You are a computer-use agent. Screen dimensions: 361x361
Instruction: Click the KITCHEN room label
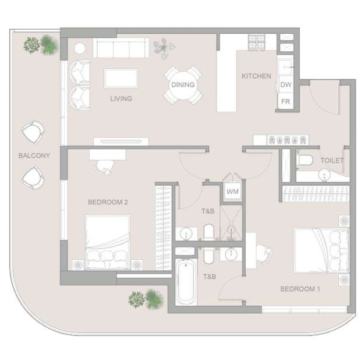pos(256,76)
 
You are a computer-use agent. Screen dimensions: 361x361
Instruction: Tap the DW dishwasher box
pos(285,84)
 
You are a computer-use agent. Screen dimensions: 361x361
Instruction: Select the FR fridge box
pos(285,101)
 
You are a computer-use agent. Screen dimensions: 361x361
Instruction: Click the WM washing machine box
pos(232,192)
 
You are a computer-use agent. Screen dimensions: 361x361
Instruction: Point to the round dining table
pos(183,85)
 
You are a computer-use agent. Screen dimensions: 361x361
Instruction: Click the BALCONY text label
pos(34,155)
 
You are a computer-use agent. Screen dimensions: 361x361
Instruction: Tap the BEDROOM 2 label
pos(108,202)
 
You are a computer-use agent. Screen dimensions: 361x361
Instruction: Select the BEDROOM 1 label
pos(300,289)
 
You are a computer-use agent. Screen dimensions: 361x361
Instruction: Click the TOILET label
pos(332,160)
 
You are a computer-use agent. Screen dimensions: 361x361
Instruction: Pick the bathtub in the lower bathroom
pos(186,282)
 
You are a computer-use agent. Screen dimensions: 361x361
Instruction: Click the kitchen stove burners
pos(256,42)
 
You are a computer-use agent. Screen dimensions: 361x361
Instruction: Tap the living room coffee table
pos(121,78)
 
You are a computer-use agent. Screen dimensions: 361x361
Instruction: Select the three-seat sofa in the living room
pos(121,48)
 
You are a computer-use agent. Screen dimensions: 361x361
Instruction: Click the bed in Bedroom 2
pos(107,242)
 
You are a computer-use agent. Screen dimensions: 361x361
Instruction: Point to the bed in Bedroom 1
pos(321,250)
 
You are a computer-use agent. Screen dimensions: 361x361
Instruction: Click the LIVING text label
pos(121,99)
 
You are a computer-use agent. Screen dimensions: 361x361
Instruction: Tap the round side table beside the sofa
pos(80,48)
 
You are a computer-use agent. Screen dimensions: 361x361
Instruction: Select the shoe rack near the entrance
pos(287,140)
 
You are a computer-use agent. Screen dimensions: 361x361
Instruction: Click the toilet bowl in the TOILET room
pos(305,160)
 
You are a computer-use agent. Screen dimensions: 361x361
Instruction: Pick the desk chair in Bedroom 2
pos(105,167)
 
